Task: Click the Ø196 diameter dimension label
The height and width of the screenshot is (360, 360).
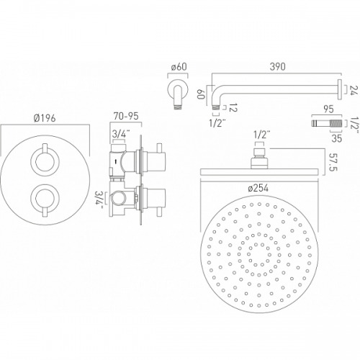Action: tap(45, 118)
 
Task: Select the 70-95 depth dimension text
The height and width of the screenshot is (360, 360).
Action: tap(126, 116)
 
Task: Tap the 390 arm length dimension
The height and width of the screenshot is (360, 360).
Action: tap(277, 67)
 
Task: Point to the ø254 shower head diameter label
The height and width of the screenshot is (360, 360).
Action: tap(258, 189)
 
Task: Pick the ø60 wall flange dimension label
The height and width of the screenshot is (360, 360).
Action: tap(179, 67)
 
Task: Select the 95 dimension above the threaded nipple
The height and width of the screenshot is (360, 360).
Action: tap(328, 109)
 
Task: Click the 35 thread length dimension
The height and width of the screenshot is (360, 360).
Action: tap(336, 138)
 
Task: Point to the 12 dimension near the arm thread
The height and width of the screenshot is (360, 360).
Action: tap(233, 108)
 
